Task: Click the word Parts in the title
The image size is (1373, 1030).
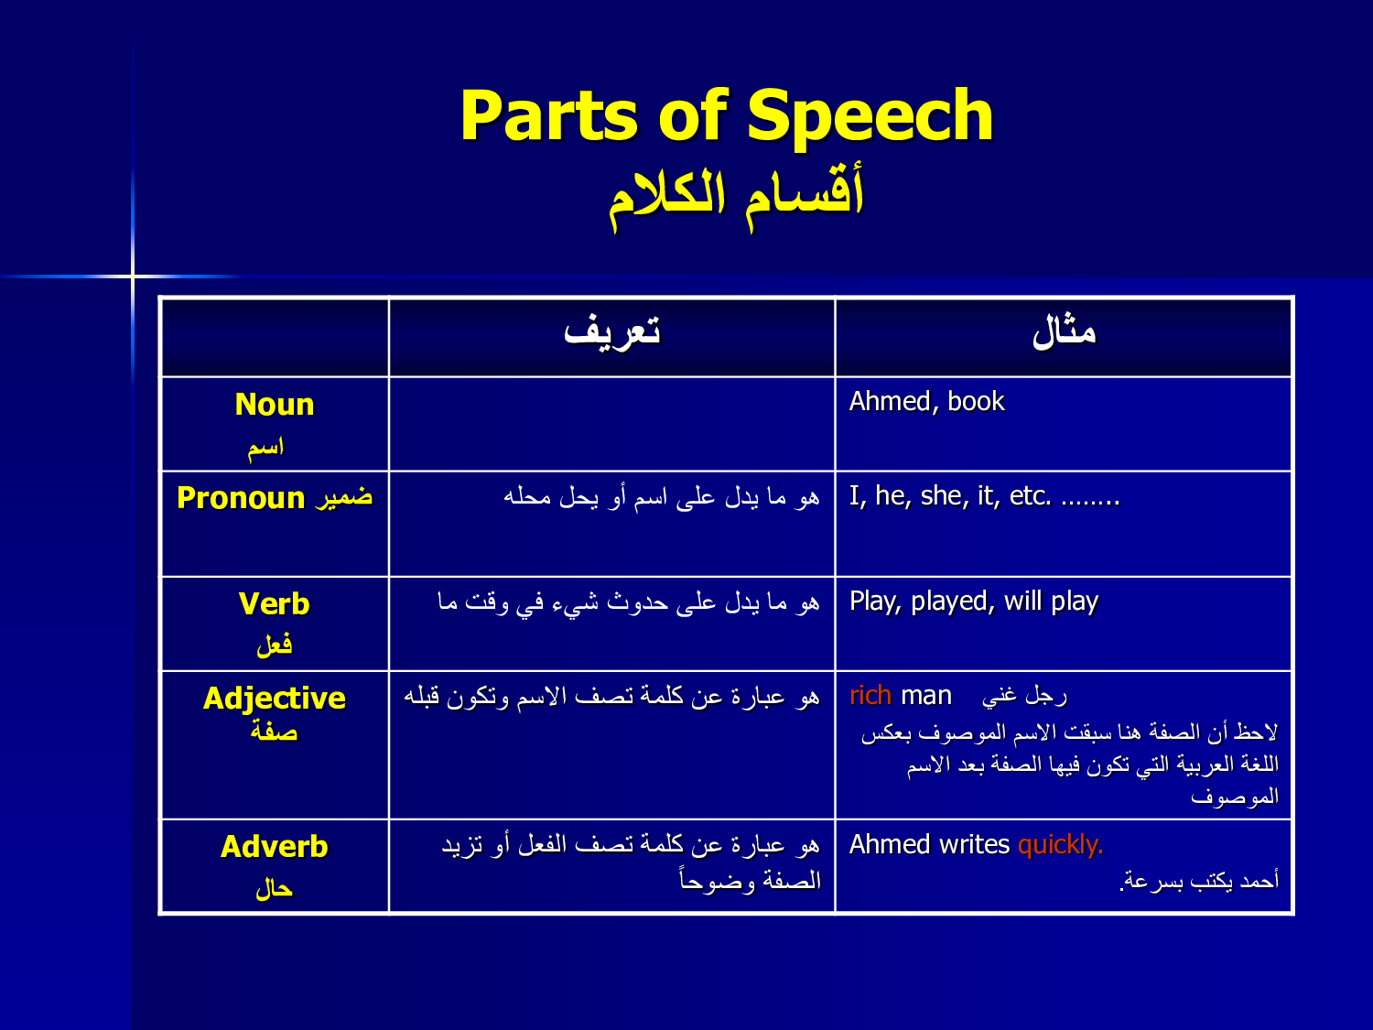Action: [x=548, y=115]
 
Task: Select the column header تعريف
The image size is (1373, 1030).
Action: [x=611, y=331]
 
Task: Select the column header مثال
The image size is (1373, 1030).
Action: [x=1064, y=331]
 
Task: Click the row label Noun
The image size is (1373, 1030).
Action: [x=275, y=405]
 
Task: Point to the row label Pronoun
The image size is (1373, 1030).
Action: [x=241, y=498]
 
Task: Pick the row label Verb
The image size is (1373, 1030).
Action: [x=274, y=604]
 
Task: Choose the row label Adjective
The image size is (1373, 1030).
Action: [x=274, y=699]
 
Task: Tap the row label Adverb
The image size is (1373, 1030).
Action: [x=274, y=847]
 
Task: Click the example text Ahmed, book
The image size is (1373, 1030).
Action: [x=926, y=402]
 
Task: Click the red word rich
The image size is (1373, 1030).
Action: [x=870, y=696]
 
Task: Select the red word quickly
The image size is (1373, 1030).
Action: [x=1060, y=845]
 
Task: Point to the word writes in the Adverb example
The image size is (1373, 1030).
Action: [x=974, y=844]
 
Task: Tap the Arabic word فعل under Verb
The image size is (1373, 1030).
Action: [x=275, y=645]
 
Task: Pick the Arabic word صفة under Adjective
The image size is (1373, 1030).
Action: [x=274, y=731]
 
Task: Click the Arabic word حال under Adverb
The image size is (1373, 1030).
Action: [x=274, y=889]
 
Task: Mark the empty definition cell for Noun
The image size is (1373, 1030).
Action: [x=611, y=424]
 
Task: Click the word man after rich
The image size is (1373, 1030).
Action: [x=926, y=696]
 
